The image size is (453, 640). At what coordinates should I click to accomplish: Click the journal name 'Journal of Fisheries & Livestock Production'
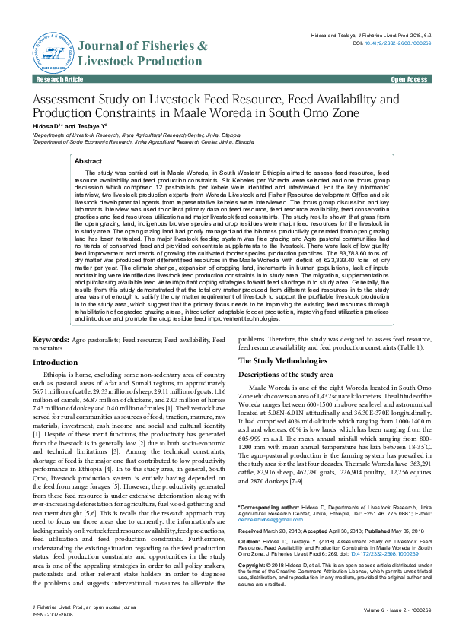(x=142, y=52)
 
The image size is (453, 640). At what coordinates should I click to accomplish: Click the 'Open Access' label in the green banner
(x=409, y=79)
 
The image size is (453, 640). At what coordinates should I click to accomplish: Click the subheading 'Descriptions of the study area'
(x=286, y=375)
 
